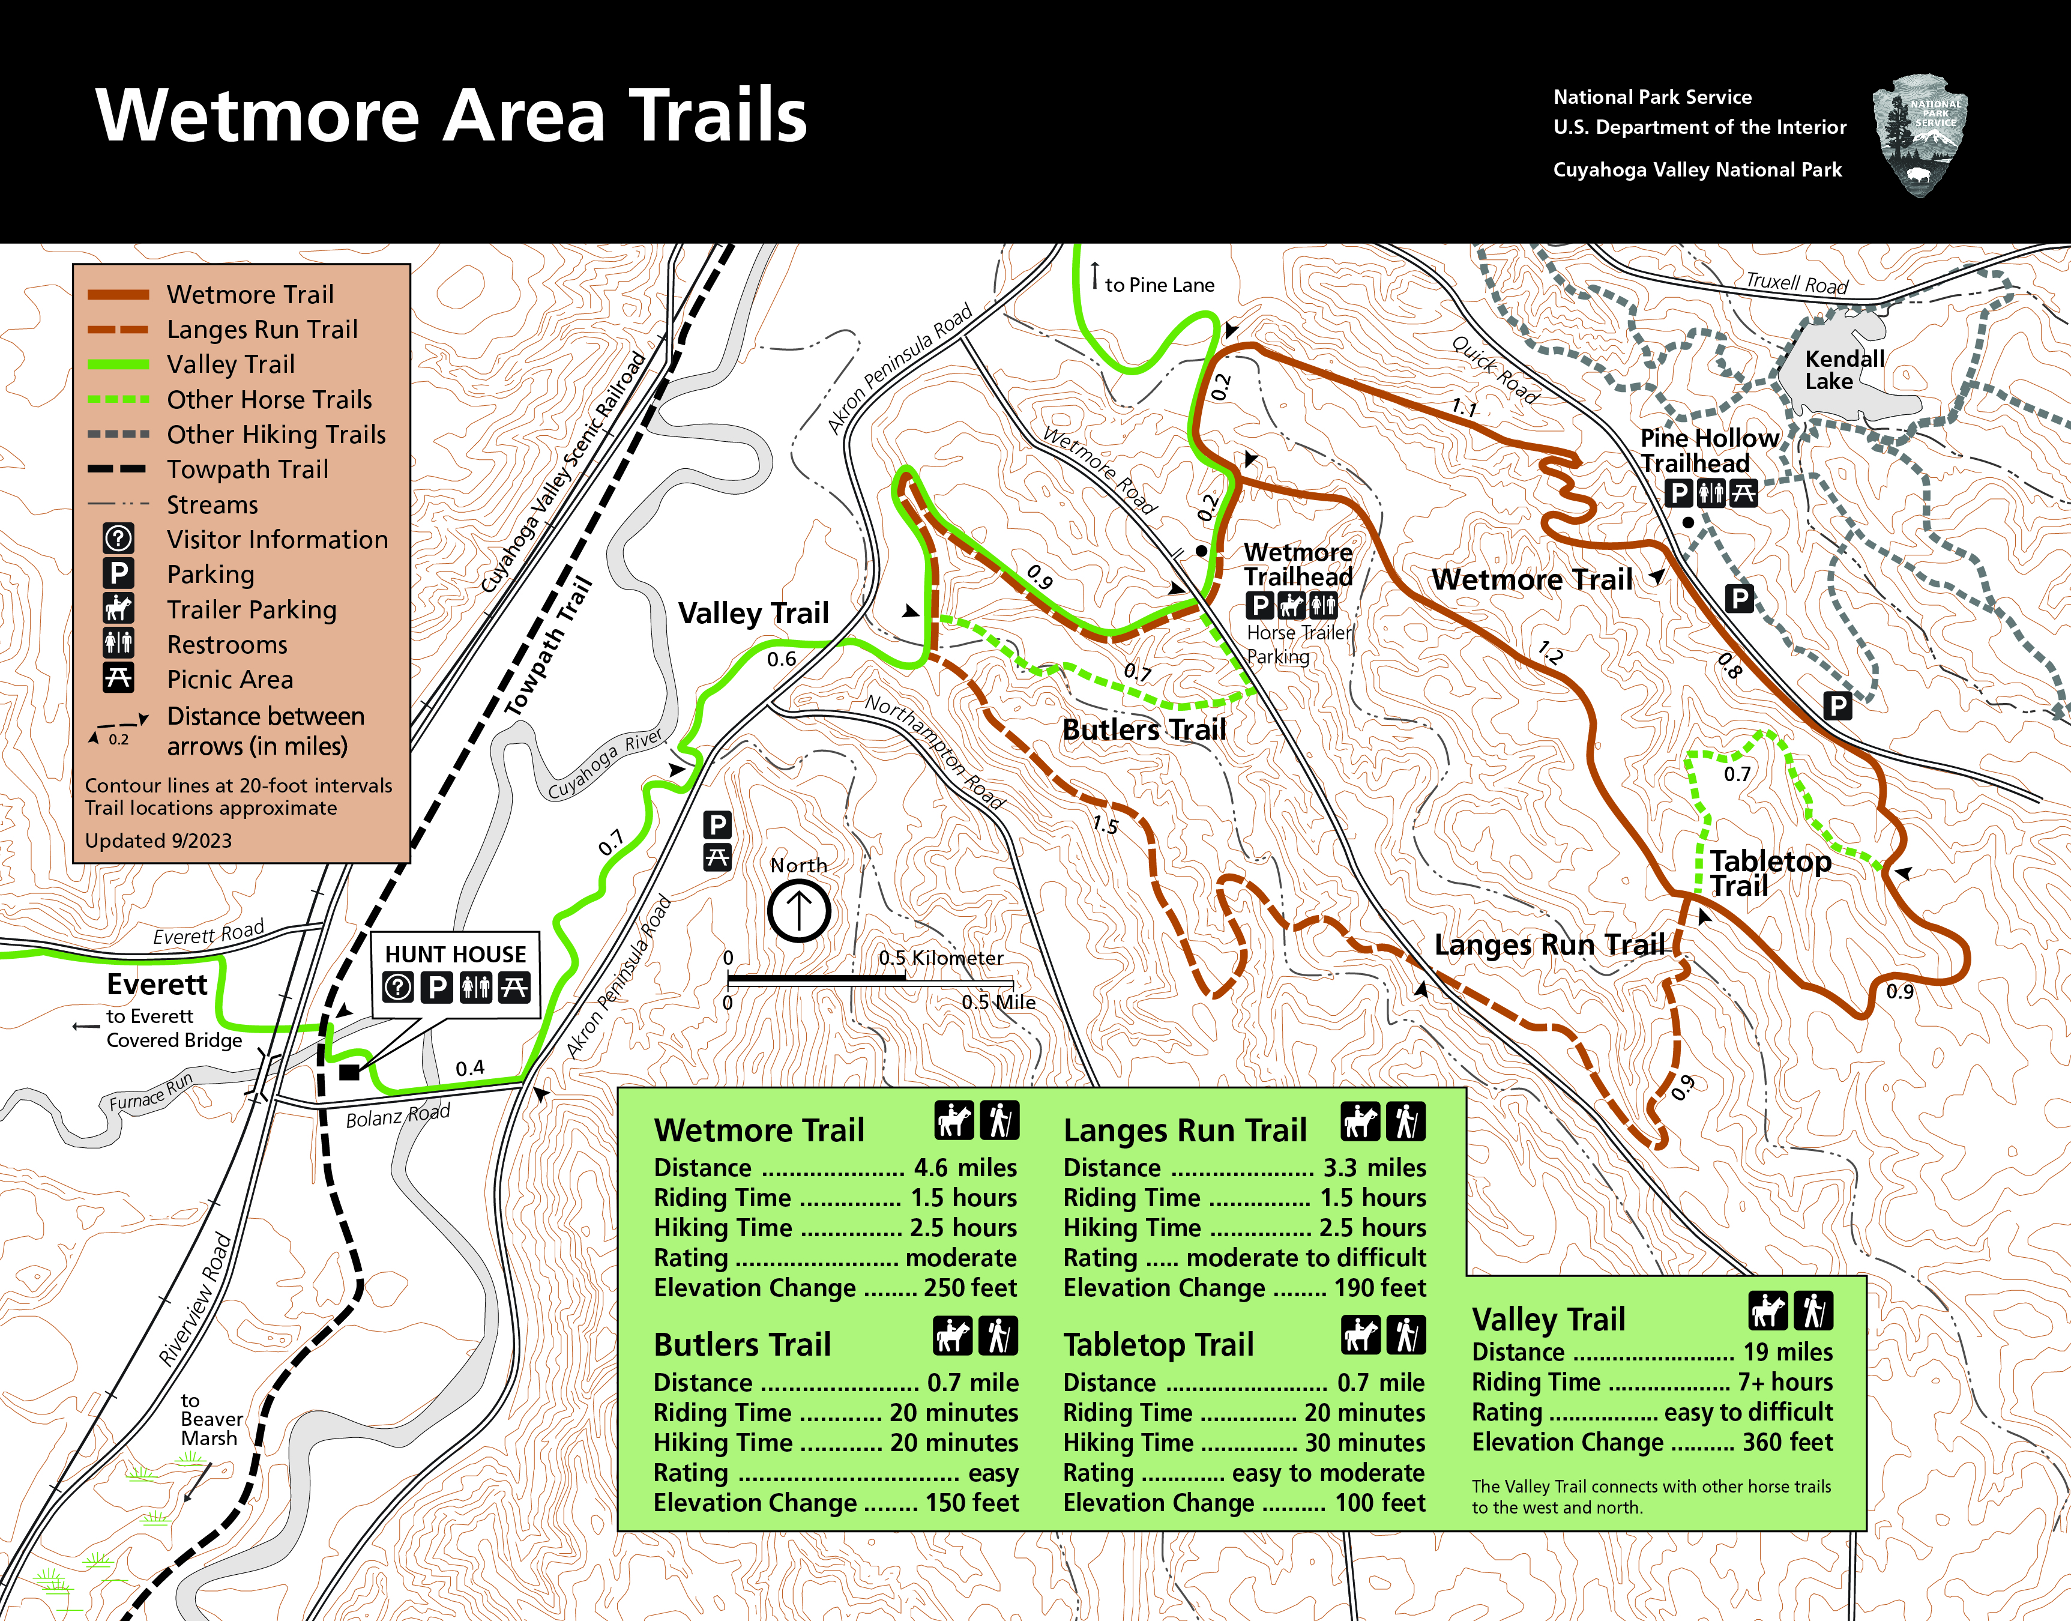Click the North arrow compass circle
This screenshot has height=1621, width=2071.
coord(799,911)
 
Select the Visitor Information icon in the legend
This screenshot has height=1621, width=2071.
coord(119,539)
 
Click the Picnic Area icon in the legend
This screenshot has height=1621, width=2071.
coord(119,678)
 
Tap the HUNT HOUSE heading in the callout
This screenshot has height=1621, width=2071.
coord(456,954)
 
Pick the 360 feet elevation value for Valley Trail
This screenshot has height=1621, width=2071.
coord(1786,1443)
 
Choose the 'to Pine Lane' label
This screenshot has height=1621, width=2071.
coord(1159,285)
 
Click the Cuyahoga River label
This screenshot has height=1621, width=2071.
coord(605,765)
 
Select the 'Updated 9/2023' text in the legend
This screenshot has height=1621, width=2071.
coord(158,841)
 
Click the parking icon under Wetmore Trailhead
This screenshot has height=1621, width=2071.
coord(1259,605)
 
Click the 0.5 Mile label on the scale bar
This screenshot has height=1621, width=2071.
coord(998,1002)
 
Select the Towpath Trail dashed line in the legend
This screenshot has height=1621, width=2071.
coord(118,469)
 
